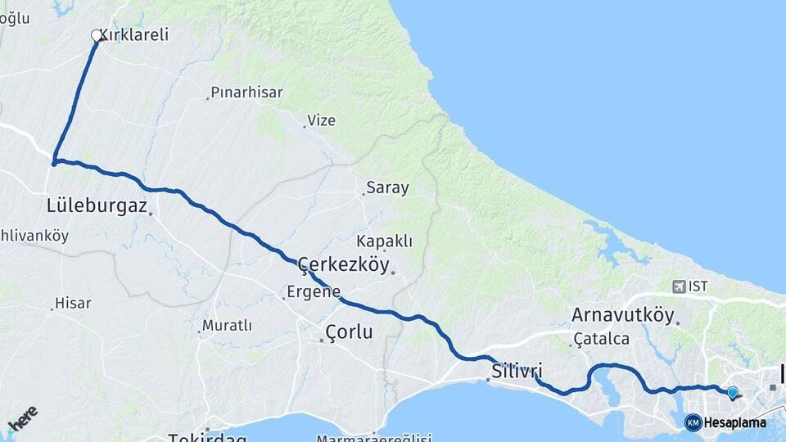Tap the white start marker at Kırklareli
pyautogui.click(x=97, y=36)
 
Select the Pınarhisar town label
pyautogui.click(x=246, y=92)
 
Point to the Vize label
pyautogui.click(x=321, y=121)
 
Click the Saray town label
pyautogui.click(x=387, y=188)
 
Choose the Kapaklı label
pyautogui.click(x=384, y=241)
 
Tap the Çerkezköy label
pyautogui.click(x=344, y=264)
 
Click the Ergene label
pyautogui.click(x=313, y=291)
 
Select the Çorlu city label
pyautogui.click(x=349, y=332)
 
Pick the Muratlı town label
pyautogui.click(x=227, y=326)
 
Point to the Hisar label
pyautogui.click(x=73, y=304)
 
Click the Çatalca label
pyautogui.click(x=602, y=338)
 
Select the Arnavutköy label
pyautogui.click(x=622, y=315)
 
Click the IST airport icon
pyautogui.click(x=679, y=286)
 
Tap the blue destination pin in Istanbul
pyautogui.click(x=732, y=393)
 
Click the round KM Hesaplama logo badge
pyautogui.click(x=693, y=422)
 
